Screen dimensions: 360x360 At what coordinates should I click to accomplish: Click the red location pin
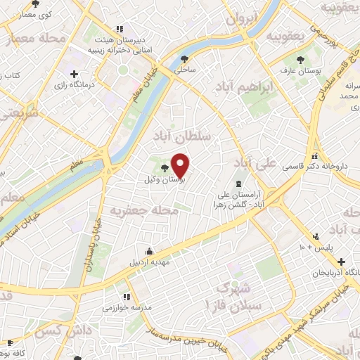click(x=181, y=166)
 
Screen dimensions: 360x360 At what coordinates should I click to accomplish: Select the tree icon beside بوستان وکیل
click(x=165, y=167)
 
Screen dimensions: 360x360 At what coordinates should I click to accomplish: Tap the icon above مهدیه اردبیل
click(x=149, y=252)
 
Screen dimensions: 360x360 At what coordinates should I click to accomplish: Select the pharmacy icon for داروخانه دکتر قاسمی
click(x=315, y=155)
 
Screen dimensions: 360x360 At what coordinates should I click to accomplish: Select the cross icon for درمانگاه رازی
click(x=74, y=73)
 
